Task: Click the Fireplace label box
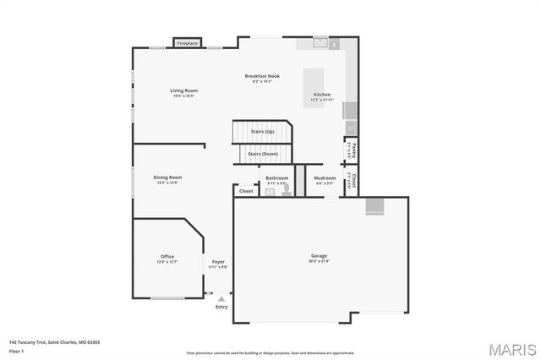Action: (187, 43)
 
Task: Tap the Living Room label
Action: (183, 90)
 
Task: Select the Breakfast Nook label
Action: (262, 76)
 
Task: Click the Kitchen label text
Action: (322, 95)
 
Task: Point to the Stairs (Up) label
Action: (262, 132)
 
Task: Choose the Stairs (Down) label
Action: (262, 154)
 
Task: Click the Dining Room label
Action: (167, 177)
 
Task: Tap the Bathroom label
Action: (277, 178)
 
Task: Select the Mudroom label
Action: (325, 178)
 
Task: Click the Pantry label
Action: (353, 152)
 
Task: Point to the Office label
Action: (167, 256)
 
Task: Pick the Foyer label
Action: (218, 262)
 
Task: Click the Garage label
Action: (319, 255)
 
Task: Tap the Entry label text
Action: (221, 307)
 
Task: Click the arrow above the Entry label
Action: (221, 298)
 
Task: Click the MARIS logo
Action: (510, 348)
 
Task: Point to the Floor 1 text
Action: (17, 350)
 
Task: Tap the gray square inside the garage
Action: (374, 206)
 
